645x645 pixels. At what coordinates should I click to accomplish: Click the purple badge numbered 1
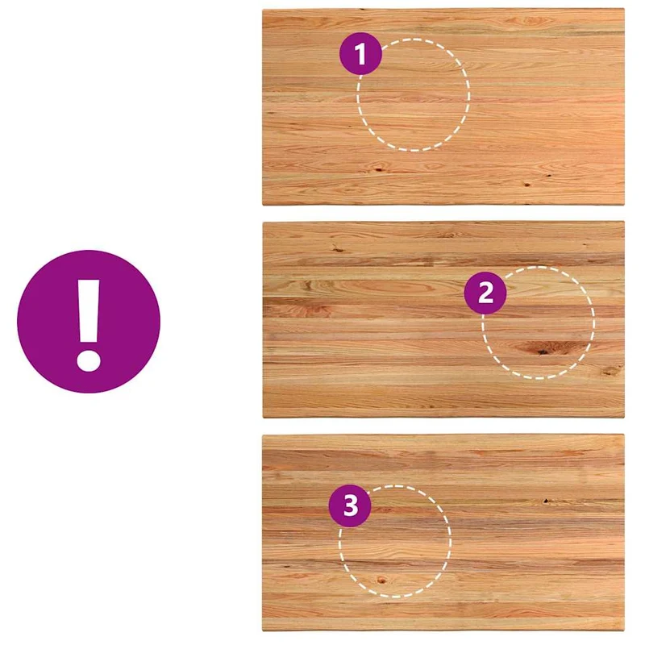click(x=360, y=53)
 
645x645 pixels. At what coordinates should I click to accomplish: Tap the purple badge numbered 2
click(x=485, y=293)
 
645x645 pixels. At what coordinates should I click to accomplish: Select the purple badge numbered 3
click(x=350, y=506)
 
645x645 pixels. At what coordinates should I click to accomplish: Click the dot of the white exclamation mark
click(x=89, y=360)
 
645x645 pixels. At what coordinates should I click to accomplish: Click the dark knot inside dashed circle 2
click(x=542, y=350)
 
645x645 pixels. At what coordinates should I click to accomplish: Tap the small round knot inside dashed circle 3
click(x=381, y=580)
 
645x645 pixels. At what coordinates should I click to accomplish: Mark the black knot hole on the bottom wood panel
click(x=547, y=501)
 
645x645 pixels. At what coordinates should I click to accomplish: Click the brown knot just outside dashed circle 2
click(x=610, y=372)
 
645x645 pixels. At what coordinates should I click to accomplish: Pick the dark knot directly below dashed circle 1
click(x=377, y=169)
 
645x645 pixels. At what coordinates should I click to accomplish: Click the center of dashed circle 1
click(x=414, y=95)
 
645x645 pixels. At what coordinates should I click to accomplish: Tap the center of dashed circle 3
click(x=395, y=541)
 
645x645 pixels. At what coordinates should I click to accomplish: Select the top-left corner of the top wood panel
click(x=263, y=9)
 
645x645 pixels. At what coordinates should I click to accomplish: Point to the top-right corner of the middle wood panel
click(x=624, y=223)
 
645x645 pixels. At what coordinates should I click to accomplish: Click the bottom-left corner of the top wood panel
click(x=263, y=205)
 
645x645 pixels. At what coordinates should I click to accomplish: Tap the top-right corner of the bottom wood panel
click(x=624, y=435)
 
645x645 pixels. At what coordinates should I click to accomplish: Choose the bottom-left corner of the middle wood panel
click(x=263, y=417)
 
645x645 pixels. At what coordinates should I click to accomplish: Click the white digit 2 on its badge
click(x=486, y=293)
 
